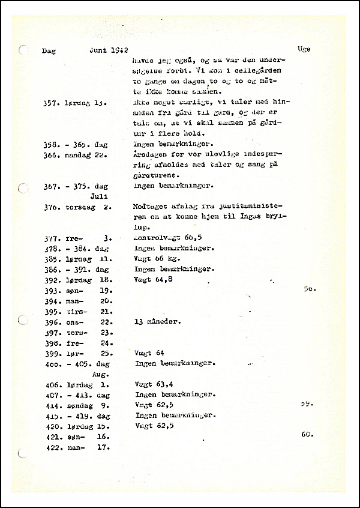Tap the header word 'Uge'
pos(304,49)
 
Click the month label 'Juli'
pos(98,196)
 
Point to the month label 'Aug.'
pos(98,373)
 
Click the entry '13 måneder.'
pos(158,321)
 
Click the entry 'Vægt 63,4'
pos(154,384)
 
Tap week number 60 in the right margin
pos(308,434)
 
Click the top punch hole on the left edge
pos(23,50)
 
